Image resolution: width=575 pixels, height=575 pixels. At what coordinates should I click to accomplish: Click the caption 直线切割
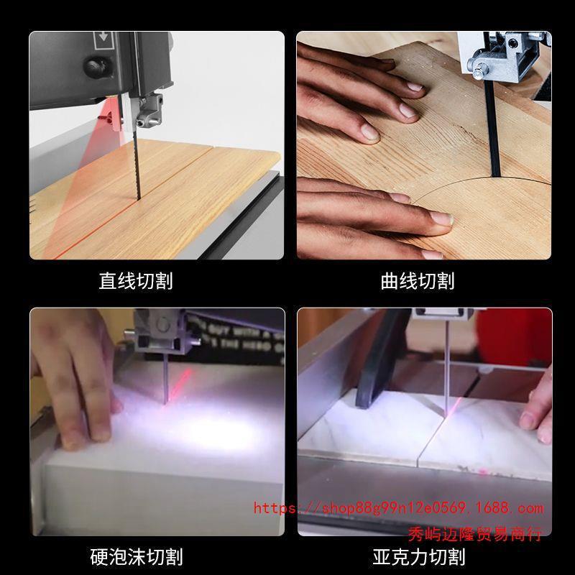[x=136, y=280]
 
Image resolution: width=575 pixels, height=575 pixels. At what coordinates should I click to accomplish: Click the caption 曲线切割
[x=418, y=280]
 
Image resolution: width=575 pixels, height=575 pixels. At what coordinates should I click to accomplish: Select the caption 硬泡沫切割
[x=136, y=556]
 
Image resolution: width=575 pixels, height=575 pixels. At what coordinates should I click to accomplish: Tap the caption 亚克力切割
[x=418, y=556]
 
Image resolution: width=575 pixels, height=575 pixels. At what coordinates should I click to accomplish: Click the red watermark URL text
[x=399, y=508]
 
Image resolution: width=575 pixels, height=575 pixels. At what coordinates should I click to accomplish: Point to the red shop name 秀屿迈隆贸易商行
[x=474, y=533]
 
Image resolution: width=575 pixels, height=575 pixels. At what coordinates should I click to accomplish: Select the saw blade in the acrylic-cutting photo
[x=448, y=374]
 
